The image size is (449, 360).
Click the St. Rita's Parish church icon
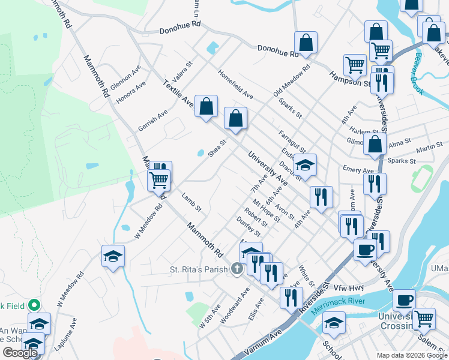pyautogui.click(x=237, y=269)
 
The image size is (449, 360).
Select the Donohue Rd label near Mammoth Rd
pyautogui.click(x=179, y=29)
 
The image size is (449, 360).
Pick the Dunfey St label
pyautogui.click(x=252, y=227)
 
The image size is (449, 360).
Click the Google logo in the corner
pyautogui.click(x=20, y=353)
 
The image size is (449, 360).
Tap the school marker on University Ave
pyautogui.click(x=305, y=165)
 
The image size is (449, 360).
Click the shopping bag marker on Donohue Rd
pyautogui.click(x=306, y=43)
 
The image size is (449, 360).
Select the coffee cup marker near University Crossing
pyautogui.click(x=404, y=299)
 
